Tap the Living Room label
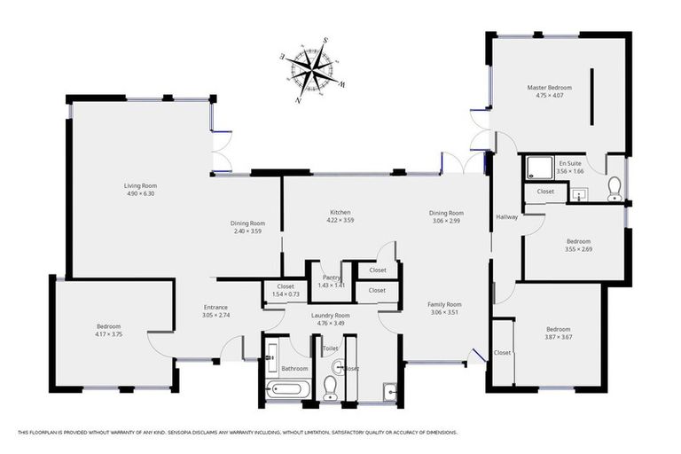point(139,185)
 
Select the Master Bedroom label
point(549,88)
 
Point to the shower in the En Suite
point(537,167)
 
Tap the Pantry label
point(330,278)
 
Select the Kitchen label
point(340,213)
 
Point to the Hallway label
point(506,217)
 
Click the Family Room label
point(446,304)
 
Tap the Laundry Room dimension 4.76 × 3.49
point(330,323)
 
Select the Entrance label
point(215,307)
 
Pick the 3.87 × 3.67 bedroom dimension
point(559,336)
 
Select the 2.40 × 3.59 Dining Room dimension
point(248,231)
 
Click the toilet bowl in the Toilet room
point(330,386)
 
